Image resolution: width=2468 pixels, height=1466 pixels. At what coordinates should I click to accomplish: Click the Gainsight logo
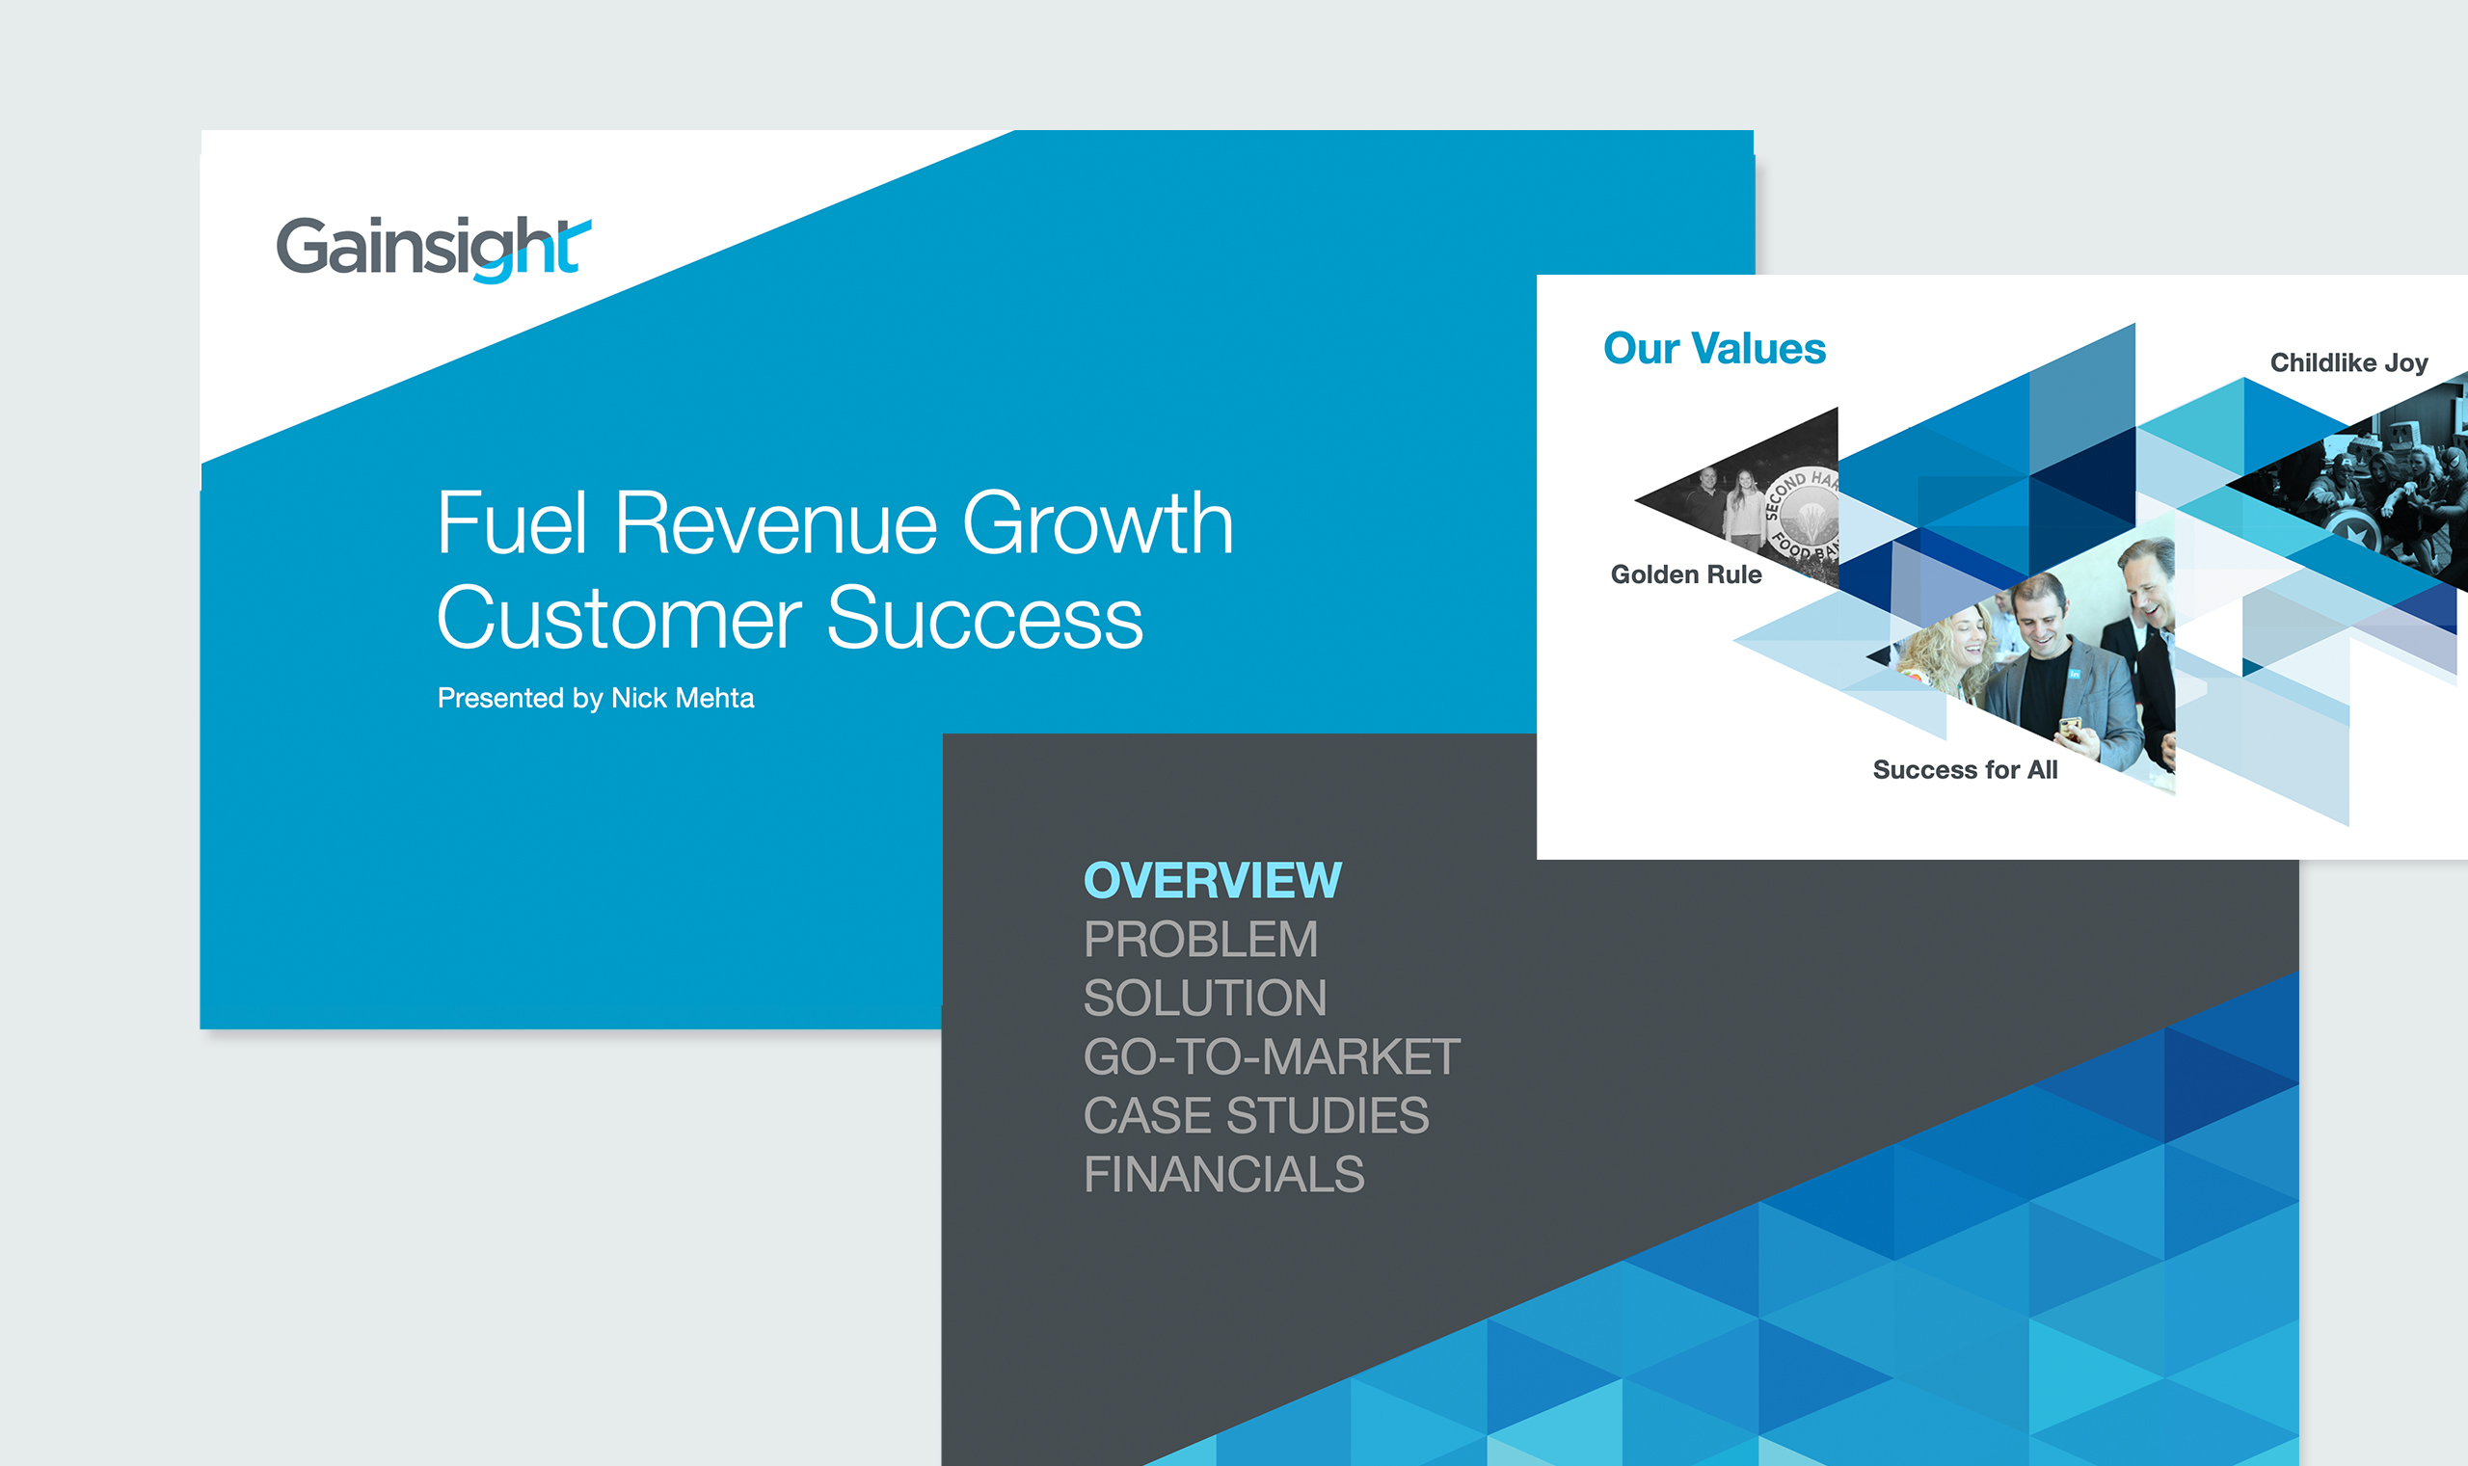tap(434, 248)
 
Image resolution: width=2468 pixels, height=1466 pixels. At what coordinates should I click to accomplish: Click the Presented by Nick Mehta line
tap(596, 699)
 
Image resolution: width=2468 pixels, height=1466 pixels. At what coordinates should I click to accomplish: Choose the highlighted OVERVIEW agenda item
tap(1213, 880)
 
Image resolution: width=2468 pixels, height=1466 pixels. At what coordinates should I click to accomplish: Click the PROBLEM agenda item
tap(1201, 940)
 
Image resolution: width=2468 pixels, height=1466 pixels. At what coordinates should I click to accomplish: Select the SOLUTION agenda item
tap(1205, 998)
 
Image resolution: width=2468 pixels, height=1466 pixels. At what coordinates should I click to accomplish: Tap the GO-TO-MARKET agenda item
tap(1273, 1057)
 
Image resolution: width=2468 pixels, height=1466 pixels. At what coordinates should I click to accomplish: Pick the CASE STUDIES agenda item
tap(1257, 1115)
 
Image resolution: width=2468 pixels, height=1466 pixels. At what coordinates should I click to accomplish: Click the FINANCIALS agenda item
tap(1224, 1175)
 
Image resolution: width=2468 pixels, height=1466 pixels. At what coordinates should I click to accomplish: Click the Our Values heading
tap(1715, 349)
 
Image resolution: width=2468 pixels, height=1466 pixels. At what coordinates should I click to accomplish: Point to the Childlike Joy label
tap(2349, 363)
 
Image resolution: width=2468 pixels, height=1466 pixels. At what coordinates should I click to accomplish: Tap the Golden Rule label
tap(1686, 575)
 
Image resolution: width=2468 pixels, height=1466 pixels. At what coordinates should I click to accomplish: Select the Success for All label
tap(1965, 769)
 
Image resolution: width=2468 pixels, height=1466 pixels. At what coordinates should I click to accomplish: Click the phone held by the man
tap(2070, 729)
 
